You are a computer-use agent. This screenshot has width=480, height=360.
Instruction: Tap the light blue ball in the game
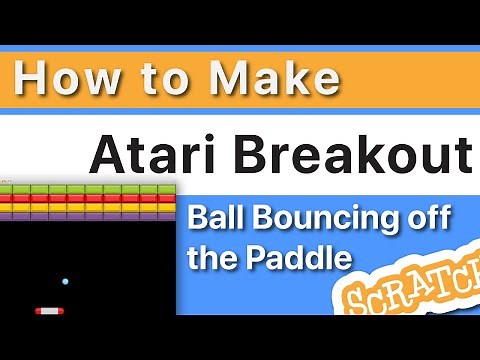66,283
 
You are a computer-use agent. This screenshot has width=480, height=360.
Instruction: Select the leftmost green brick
10,189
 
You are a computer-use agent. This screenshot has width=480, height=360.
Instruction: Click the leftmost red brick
10,198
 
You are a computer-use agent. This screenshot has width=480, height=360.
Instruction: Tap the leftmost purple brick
10,215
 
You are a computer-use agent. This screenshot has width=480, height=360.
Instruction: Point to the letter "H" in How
31,79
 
